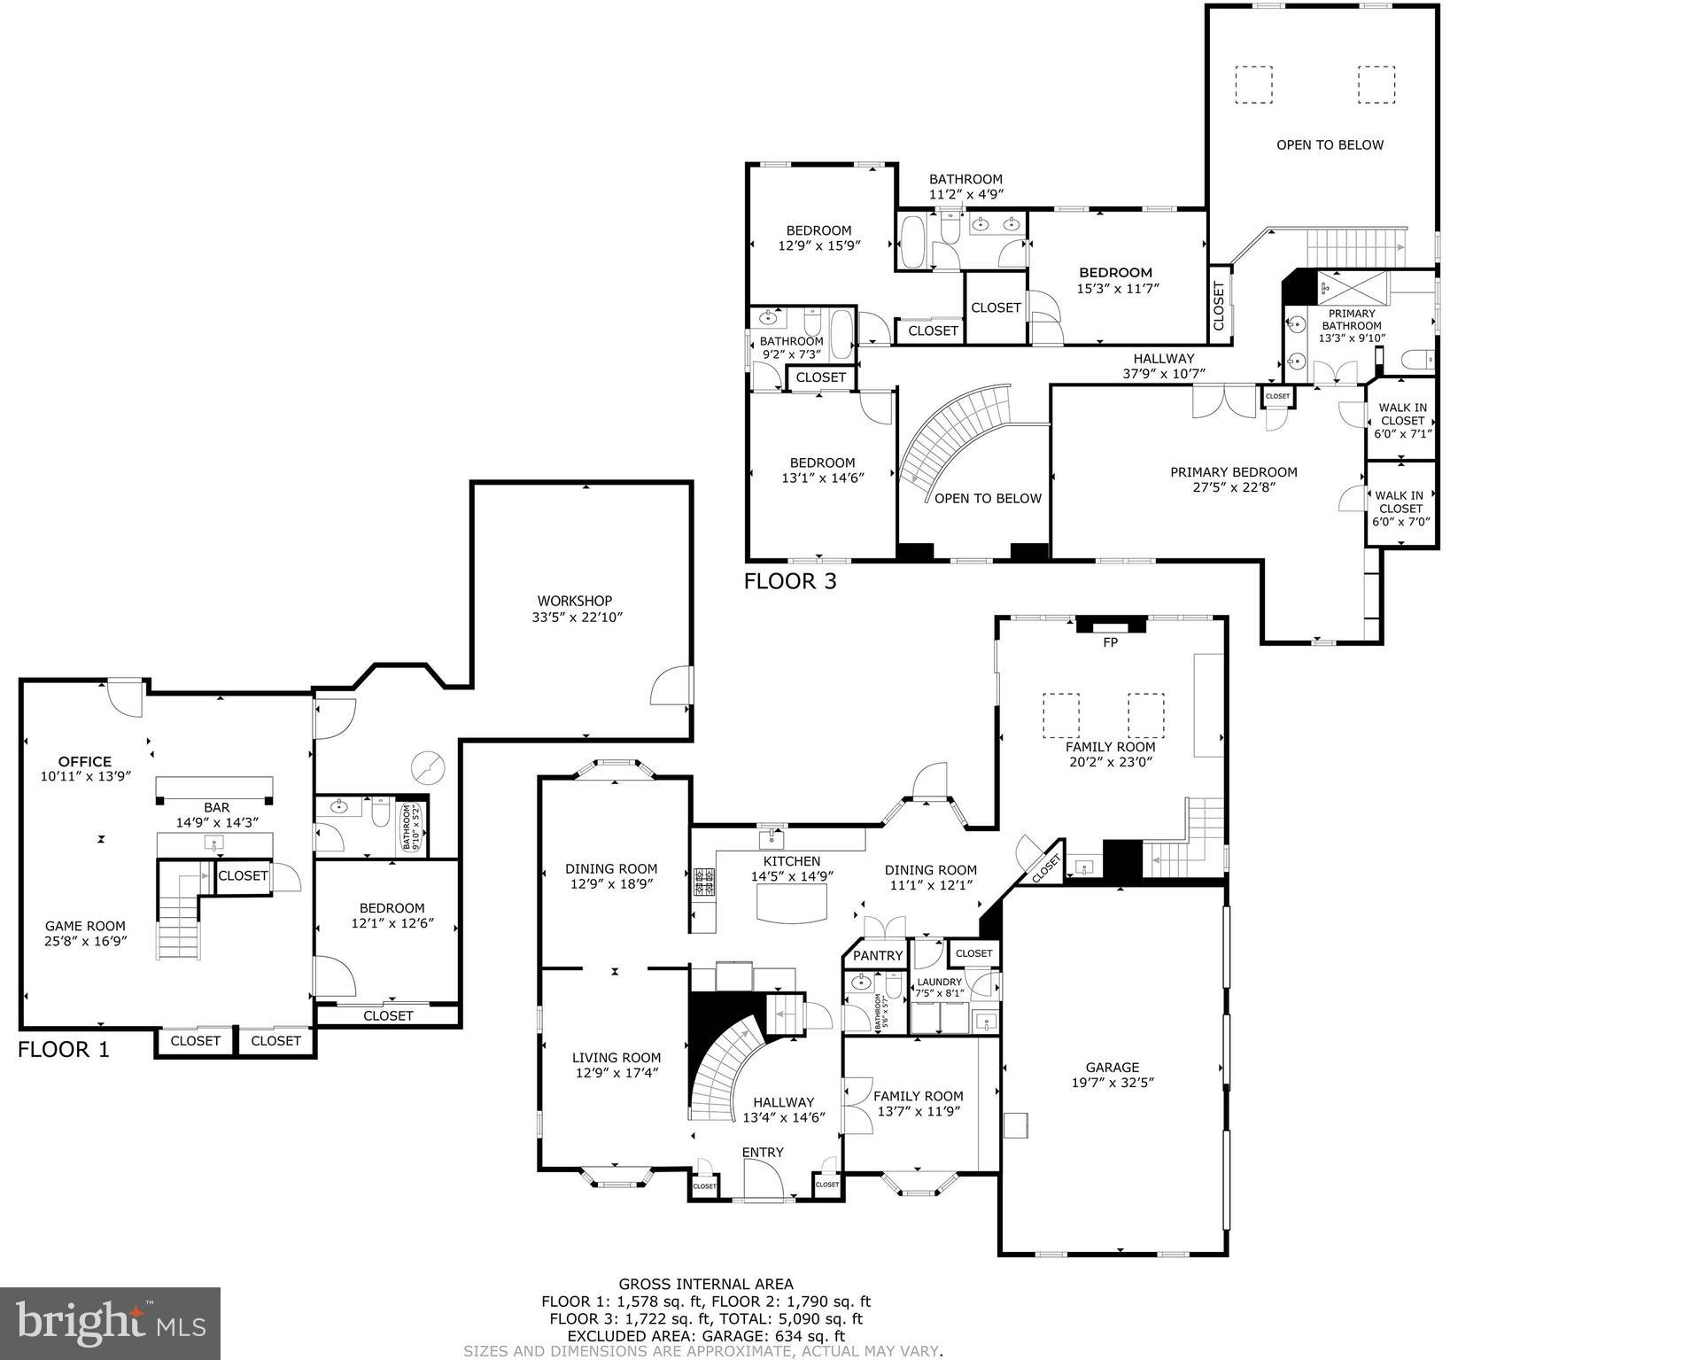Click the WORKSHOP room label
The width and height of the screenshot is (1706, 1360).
tap(574, 601)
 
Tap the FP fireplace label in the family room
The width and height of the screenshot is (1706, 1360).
tap(1110, 642)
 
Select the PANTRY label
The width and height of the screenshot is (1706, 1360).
tap(877, 955)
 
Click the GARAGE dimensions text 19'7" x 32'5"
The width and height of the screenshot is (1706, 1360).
tap(1112, 1082)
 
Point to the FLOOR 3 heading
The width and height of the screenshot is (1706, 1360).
tap(789, 581)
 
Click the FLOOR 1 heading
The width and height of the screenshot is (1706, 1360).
tap(64, 1050)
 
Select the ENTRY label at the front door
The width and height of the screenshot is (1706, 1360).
tap(763, 1152)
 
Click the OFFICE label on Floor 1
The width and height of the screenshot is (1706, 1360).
tap(85, 761)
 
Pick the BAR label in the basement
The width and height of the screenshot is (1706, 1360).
tap(217, 807)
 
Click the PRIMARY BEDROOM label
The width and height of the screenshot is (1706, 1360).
tap(1233, 472)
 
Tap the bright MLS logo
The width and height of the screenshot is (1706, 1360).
tap(110, 1324)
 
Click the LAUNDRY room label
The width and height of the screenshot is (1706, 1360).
tap(939, 982)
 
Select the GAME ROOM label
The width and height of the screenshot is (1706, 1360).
tap(85, 926)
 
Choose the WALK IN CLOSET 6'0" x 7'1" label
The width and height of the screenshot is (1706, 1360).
tap(1401, 420)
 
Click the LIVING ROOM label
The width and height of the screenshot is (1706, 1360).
tap(616, 1057)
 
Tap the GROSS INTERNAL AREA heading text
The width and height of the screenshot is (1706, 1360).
tap(705, 1284)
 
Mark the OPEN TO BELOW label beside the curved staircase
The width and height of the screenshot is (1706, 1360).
tap(988, 498)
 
